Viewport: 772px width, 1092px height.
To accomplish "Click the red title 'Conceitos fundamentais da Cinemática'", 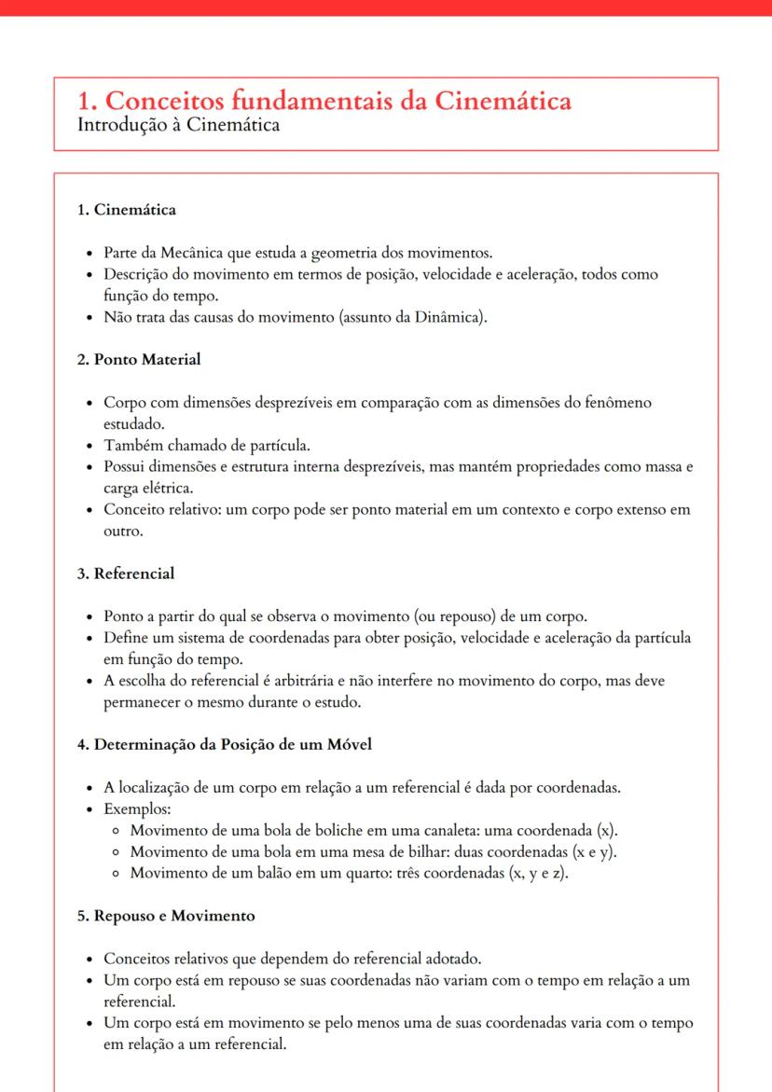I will click(324, 101).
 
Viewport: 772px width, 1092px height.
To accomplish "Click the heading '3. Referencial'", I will click(126, 574).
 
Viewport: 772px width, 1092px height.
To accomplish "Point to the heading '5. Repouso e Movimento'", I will click(166, 915).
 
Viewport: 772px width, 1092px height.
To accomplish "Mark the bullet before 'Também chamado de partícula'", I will click(88, 445).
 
